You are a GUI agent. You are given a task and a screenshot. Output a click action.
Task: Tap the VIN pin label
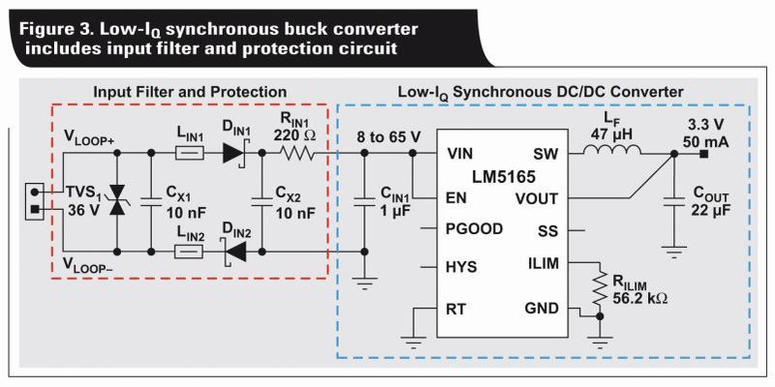[x=462, y=154]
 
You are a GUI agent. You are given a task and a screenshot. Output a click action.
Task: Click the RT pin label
[x=455, y=310]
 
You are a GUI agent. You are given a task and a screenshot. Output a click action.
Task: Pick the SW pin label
[x=546, y=154]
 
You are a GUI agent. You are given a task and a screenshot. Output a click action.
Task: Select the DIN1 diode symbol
[x=232, y=153]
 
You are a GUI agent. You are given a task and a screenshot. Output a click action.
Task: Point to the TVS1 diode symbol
[x=119, y=201]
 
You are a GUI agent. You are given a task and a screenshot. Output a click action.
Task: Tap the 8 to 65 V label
[x=387, y=136]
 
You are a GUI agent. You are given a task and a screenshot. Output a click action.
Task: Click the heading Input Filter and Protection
[x=190, y=92]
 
